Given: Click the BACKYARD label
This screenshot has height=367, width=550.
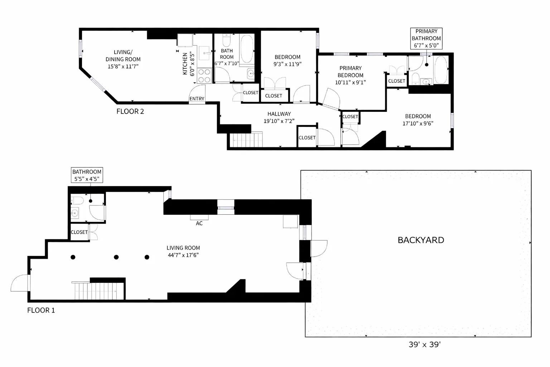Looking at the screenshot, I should (x=421, y=240).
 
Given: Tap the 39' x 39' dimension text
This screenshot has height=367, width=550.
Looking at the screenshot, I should (x=424, y=345).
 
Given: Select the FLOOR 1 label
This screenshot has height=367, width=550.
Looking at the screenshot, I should (x=41, y=310).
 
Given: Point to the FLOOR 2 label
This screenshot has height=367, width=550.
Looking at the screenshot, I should (x=130, y=111).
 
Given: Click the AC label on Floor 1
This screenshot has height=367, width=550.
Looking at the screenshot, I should (x=199, y=223).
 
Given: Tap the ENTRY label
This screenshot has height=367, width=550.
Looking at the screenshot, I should (x=197, y=99).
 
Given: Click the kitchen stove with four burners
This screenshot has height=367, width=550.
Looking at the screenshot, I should (x=204, y=76).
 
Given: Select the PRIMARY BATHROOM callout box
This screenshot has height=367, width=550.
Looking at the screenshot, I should (x=426, y=38).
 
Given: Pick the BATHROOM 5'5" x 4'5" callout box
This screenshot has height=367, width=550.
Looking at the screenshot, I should (x=87, y=175).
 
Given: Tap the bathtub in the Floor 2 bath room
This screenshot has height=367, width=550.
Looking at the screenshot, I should (x=247, y=49).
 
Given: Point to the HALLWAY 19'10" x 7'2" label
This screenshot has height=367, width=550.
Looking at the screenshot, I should (x=279, y=118).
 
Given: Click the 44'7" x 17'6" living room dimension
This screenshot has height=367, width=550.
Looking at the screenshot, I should (x=183, y=255).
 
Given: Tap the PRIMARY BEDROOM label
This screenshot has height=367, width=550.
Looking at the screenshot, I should (x=350, y=72).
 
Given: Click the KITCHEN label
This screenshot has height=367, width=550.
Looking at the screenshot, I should (x=185, y=64).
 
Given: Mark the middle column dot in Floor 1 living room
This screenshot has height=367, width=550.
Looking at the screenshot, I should (x=116, y=257).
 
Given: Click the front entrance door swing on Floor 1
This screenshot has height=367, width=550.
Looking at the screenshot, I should (x=20, y=283).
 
